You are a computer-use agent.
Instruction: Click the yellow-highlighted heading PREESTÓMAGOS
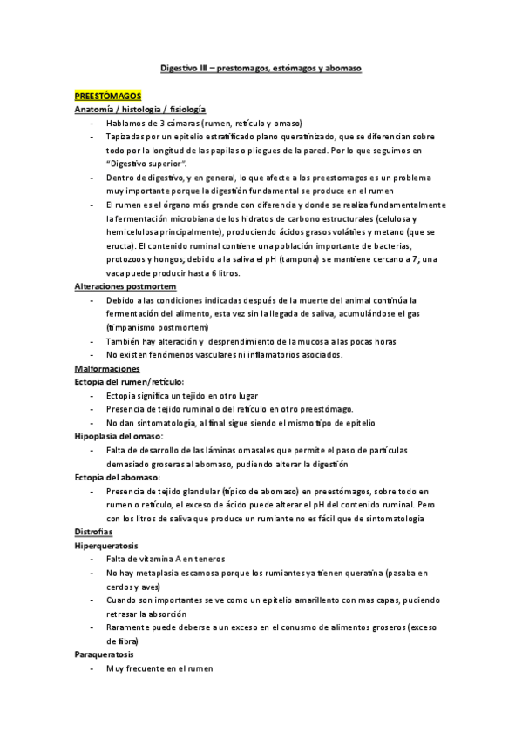click(107, 97)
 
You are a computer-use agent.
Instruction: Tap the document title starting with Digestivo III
click(261, 66)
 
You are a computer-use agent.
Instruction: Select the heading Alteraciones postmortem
click(125, 286)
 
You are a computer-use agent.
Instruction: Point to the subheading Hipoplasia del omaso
click(124, 436)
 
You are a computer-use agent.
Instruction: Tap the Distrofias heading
click(93, 532)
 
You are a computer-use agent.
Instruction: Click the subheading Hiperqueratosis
click(107, 546)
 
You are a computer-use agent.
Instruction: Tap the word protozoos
click(131, 259)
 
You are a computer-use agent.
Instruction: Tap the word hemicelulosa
click(136, 232)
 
